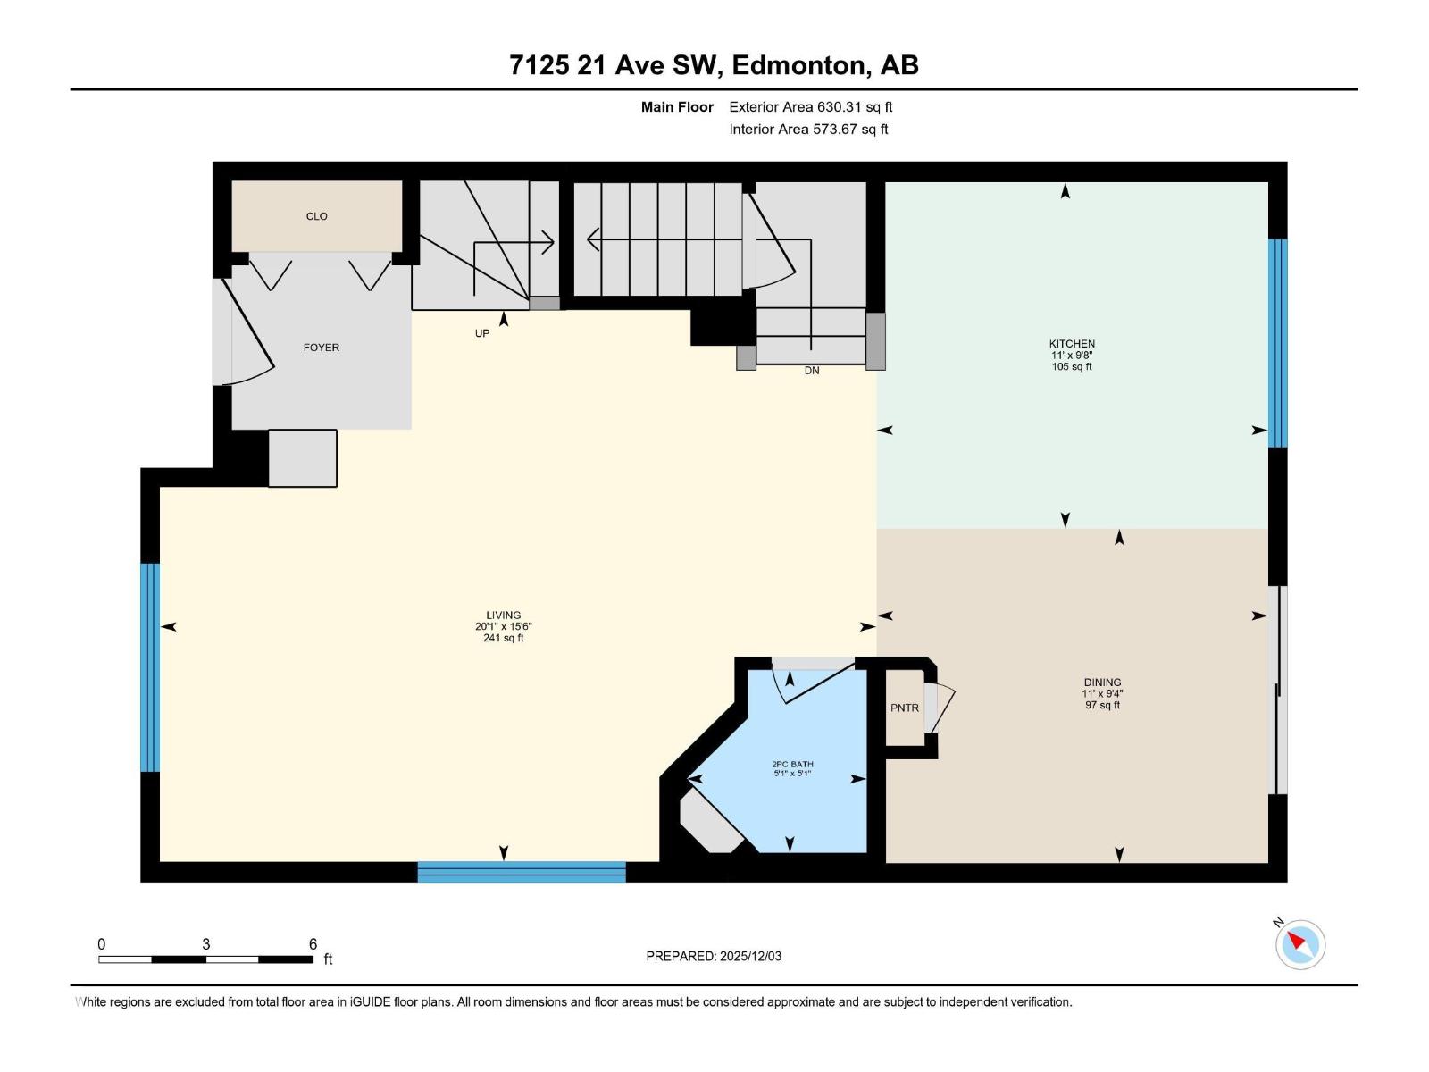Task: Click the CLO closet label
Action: pos(316,216)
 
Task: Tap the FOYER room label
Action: pos(321,348)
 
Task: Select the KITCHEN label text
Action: pos(1072,344)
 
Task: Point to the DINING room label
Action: pos(1102,683)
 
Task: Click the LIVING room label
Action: pos(503,616)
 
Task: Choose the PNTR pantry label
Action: pos(904,708)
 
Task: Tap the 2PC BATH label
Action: pos(792,764)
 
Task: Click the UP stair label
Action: pos(481,333)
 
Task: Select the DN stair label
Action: pos(811,371)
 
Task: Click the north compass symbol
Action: pos(1299,944)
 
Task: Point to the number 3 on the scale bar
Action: pos(205,943)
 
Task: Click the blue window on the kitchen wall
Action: pos(1277,343)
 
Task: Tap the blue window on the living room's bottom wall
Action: pos(522,872)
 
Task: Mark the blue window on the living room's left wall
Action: pos(150,667)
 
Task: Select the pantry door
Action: pos(940,708)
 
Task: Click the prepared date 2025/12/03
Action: pos(750,956)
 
